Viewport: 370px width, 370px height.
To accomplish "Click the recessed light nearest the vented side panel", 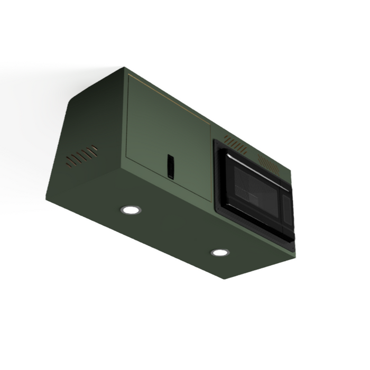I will coord(130,210).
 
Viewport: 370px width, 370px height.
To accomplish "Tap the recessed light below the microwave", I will coord(220,252).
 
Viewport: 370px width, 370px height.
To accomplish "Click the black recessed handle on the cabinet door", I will coord(170,165).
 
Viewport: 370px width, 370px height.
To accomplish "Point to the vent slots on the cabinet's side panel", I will coord(82,156).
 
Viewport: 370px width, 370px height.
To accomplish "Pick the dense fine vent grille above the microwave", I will coord(269,164).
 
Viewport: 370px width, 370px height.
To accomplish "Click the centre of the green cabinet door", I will coord(168,137).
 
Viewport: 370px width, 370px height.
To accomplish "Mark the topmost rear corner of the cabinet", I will coord(125,67).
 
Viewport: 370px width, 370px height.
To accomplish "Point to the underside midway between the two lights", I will coord(175,231).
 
